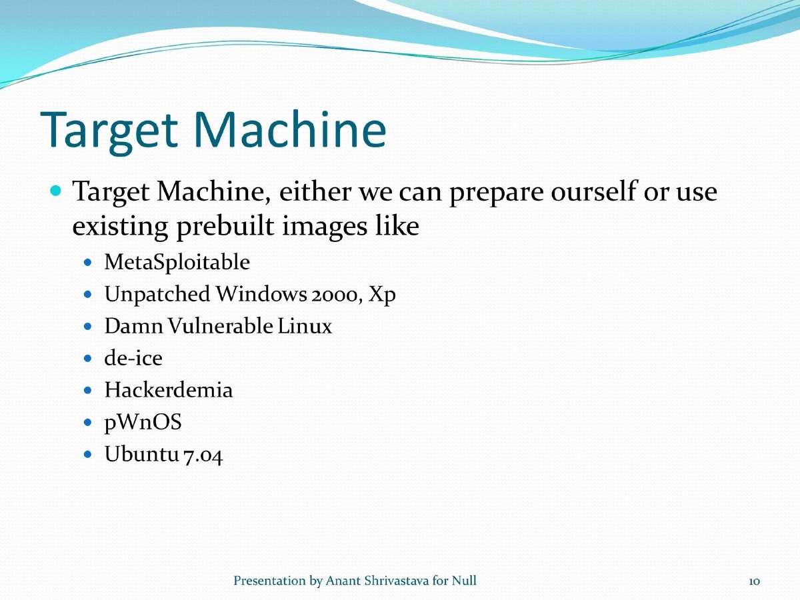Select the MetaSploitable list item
[177, 262]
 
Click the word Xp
[383, 295]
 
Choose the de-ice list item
[133, 358]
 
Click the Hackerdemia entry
[169, 390]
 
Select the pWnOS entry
[143, 423]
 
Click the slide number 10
[754, 581]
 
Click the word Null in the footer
[464, 581]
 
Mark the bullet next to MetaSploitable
[90, 262]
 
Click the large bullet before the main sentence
[56, 191]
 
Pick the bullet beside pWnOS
[90, 423]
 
